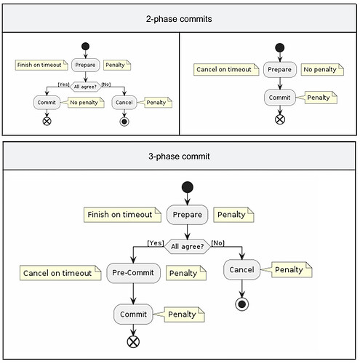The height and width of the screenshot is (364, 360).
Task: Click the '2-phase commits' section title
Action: point(180,18)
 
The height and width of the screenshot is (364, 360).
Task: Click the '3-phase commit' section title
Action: point(180,156)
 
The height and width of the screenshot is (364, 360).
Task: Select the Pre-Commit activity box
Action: point(133,272)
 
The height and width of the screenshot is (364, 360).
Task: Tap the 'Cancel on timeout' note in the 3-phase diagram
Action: point(57,273)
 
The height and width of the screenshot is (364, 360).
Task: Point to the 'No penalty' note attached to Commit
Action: point(86,103)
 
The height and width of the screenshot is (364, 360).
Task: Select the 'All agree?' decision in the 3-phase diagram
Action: point(188,246)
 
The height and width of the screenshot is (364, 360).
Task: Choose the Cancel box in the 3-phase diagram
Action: point(241,270)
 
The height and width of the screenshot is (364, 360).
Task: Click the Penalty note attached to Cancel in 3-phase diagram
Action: point(288,270)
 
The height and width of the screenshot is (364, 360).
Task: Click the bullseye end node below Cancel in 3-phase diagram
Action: point(241,304)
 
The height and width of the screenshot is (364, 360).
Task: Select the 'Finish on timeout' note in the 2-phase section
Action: point(40,65)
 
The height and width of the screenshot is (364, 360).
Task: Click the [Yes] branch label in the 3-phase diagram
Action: point(155,242)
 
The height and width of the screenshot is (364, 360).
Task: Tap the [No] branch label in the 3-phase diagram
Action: point(217,242)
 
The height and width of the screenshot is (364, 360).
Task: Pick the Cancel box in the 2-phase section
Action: point(125,103)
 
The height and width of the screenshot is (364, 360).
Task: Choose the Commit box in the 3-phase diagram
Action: point(133,314)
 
